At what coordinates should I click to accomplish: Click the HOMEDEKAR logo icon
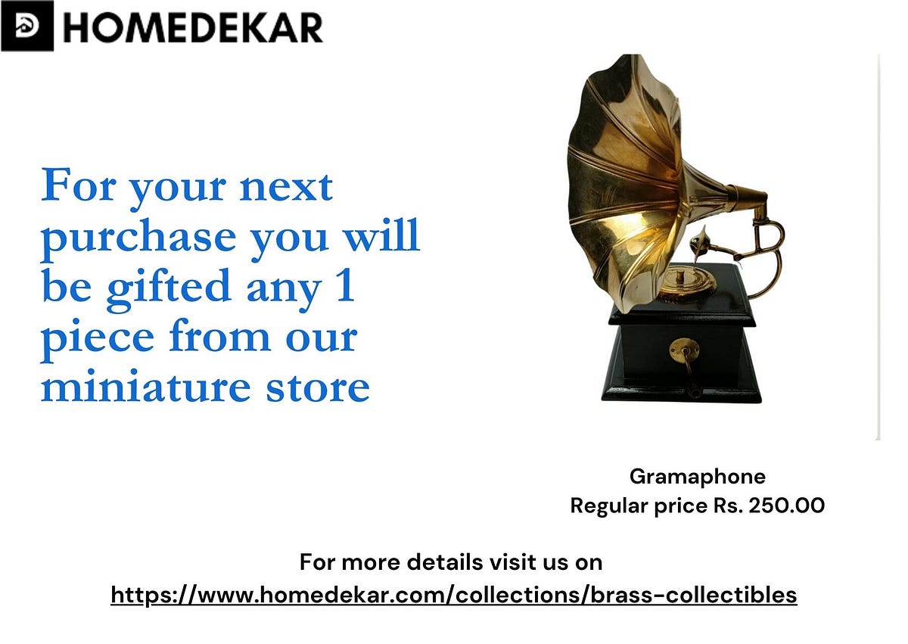click(x=26, y=26)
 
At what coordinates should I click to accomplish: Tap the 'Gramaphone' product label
click(x=697, y=477)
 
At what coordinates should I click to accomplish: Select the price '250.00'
click(x=786, y=506)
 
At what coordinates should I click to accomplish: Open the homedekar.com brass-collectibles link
click(x=454, y=595)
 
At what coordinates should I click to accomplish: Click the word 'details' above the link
click(x=440, y=562)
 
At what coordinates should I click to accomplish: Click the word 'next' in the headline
click(x=286, y=187)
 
